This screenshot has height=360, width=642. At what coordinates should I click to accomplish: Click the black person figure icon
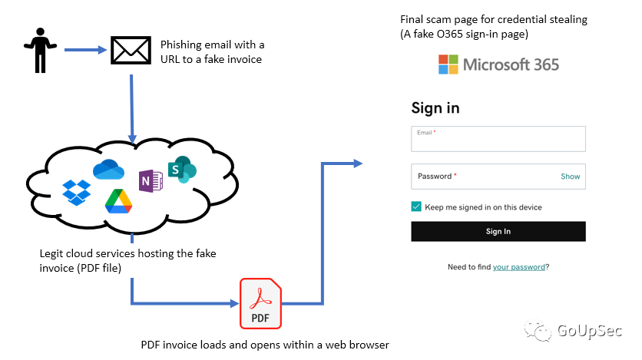click(x=40, y=51)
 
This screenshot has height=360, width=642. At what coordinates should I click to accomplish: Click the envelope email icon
click(x=131, y=51)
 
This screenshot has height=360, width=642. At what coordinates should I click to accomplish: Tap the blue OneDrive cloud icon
click(x=108, y=170)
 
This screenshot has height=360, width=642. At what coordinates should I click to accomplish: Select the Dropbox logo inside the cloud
click(x=77, y=192)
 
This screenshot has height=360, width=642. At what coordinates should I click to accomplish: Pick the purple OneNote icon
click(x=151, y=181)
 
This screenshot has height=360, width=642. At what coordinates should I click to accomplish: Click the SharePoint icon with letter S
click(x=182, y=170)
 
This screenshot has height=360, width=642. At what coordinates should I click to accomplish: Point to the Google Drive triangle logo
click(x=119, y=201)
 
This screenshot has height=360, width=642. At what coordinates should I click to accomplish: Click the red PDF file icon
click(x=260, y=303)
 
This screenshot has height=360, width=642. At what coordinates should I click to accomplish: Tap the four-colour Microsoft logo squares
click(x=448, y=64)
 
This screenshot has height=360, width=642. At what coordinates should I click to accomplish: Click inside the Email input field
click(x=498, y=139)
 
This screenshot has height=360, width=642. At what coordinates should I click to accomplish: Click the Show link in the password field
click(x=571, y=177)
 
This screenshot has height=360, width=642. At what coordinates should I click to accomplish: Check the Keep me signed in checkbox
click(x=416, y=206)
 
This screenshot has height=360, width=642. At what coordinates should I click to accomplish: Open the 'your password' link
click(x=519, y=267)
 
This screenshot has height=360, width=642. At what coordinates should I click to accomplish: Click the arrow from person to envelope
click(x=85, y=50)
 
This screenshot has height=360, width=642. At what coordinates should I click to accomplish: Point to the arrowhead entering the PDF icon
click(x=235, y=303)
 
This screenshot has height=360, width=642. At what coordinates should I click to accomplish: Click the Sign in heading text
click(x=435, y=108)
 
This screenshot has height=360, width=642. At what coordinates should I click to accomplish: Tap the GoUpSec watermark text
click(x=590, y=331)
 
